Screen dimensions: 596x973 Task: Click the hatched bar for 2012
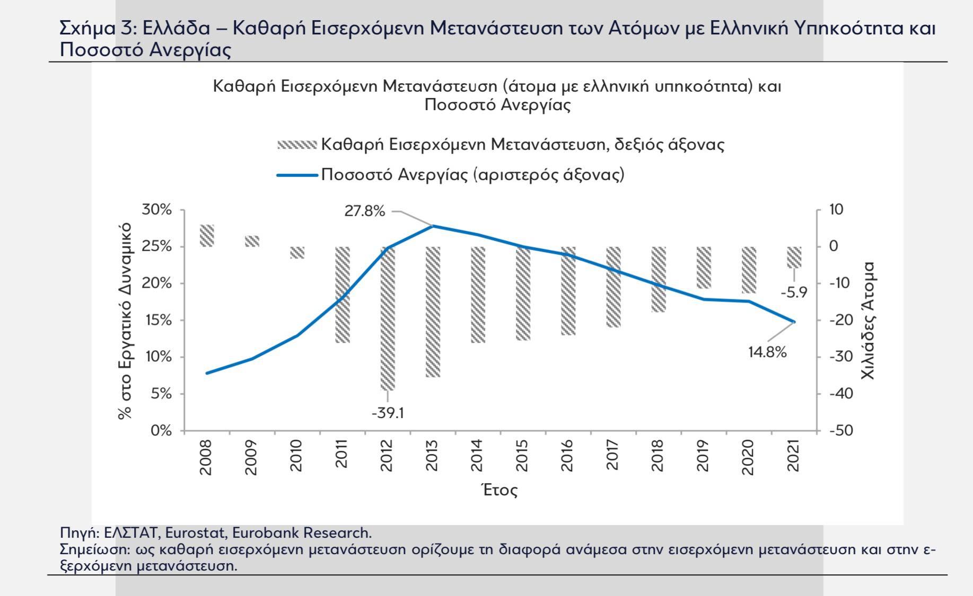[388, 318]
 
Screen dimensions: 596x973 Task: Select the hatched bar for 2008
[207, 236]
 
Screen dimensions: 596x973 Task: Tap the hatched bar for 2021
[794, 257]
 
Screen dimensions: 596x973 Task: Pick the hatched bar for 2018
[659, 279]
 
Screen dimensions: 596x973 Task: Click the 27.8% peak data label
[364, 211]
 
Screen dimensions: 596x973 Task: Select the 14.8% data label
[767, 352]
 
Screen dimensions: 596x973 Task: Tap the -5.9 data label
[794, 292]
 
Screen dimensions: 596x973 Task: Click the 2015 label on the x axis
[522, 456]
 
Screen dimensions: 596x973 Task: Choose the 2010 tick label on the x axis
[296, 456]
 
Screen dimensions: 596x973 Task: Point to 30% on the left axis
[157, 210]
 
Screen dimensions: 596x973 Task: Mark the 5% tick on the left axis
[161, 394]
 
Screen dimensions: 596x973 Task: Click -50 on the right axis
[841, 431]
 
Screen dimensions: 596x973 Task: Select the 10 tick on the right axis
[836, 210]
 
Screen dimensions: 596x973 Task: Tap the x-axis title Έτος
[499, 490]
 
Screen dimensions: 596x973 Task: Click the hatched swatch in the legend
[297, 145]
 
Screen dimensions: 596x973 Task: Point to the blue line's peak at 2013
[433, 226]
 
